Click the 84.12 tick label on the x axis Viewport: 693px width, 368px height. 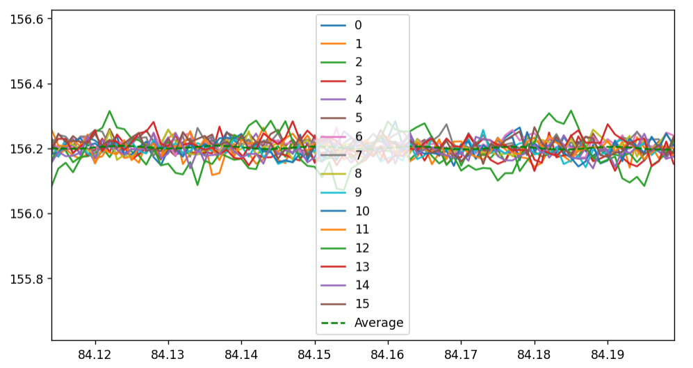[95, 353]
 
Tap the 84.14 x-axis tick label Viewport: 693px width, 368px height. [241, 353]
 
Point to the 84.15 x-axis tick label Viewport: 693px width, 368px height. [314, 353]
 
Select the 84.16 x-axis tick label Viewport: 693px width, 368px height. [388, 353]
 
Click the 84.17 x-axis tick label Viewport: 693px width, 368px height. [461, 353]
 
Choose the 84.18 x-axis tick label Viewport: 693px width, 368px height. [535, 353]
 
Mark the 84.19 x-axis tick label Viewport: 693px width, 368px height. [608, 353]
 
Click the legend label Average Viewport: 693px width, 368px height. [379, 323]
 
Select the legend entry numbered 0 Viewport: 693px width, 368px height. [358, 25]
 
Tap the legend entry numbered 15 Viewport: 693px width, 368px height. [361, 304]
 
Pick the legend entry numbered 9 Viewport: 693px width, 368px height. [358, 193]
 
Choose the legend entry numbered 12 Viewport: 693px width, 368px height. [361, 248]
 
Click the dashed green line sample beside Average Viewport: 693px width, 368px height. [333, 323]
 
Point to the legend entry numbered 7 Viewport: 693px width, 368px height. [358, 155]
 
